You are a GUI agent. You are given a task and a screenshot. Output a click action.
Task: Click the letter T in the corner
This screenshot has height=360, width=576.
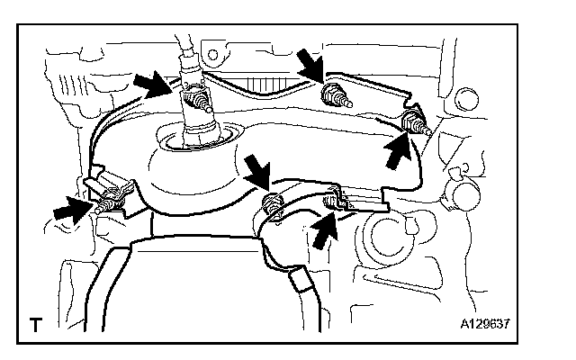(x=34, y=322)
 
